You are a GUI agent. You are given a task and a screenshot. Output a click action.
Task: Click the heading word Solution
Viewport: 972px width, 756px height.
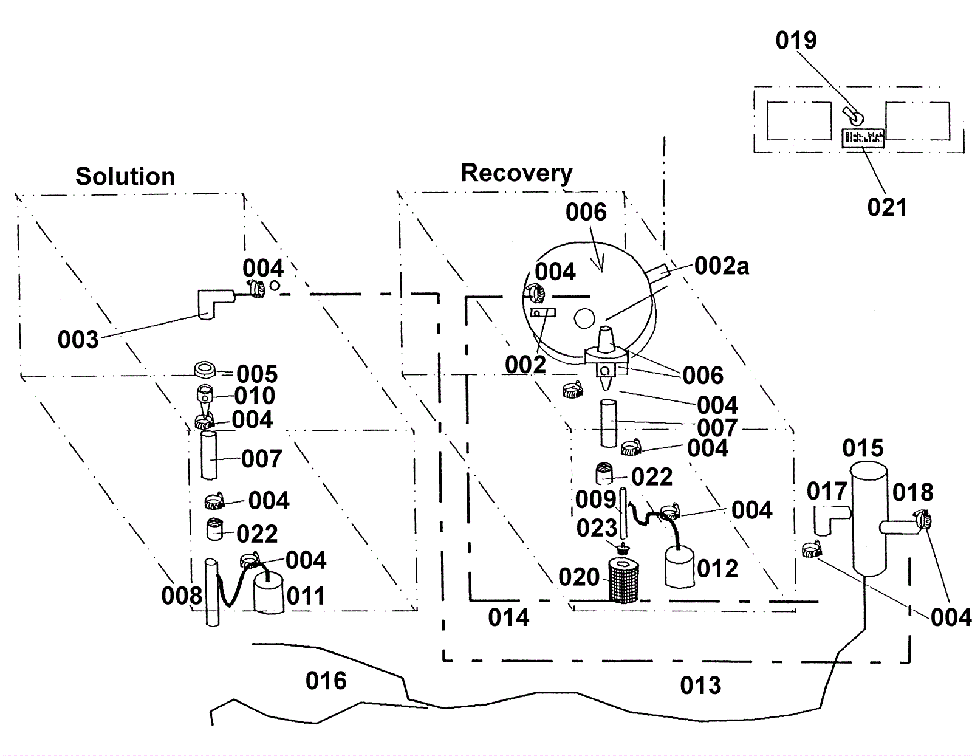click(x=125, y=176)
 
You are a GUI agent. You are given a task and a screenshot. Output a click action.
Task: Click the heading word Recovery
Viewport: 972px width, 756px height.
click(x=516, y=173)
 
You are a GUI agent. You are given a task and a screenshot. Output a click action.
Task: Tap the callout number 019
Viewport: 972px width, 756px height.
click(x=796, y=40)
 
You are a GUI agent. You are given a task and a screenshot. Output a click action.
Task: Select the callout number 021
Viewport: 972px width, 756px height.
click(x=887, y=207)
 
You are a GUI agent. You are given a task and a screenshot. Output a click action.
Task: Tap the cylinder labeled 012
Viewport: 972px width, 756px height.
click(x=679, y=566)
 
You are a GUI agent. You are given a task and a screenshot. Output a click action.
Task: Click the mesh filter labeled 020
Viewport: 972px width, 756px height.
click(x=622, y=581)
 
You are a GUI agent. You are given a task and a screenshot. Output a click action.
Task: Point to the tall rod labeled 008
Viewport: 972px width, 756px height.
click(x=211, y=592)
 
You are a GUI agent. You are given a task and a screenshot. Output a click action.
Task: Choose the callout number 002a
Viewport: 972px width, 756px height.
click(x=722, y=266)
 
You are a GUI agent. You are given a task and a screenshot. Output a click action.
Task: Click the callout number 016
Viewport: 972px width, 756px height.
click(x=326, y=681)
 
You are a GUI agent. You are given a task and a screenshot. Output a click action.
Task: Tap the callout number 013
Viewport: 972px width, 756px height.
click(x=700, y=686)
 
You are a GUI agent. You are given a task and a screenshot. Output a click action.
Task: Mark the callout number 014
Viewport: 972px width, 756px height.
click(x=508, y=617)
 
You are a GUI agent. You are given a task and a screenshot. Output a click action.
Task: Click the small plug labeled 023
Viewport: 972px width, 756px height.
click(x=621, y=548)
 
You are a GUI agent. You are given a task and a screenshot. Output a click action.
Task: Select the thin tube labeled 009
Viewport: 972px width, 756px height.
click(x=622, y=510)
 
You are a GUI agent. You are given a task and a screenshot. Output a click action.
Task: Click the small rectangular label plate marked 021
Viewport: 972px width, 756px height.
click(x=863, y=137)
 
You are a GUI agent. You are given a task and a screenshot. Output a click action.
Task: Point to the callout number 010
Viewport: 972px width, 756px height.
click(x=255, y=396)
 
